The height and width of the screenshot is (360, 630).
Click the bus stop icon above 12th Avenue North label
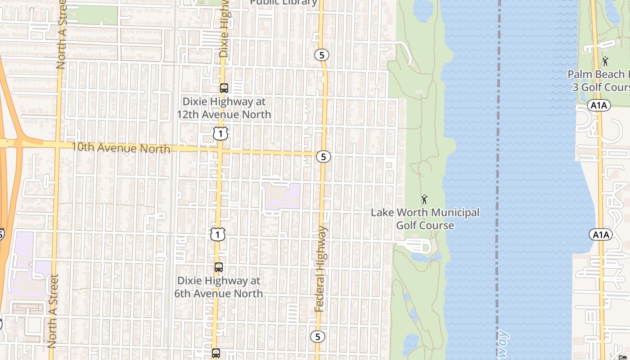(224, 88)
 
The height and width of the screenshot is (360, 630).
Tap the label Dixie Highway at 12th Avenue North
(224, 108)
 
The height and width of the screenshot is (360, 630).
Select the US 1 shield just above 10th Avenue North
(220, 133)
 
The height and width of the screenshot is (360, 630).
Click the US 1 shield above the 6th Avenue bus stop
(218, 234)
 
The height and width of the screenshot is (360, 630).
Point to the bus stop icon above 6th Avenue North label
(219, 267)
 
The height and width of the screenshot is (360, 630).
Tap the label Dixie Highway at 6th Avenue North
(219, 287)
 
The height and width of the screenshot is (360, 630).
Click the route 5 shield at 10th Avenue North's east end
(323, 157)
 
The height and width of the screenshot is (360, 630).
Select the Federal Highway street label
(320, 269)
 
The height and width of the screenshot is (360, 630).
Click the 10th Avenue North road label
(121, 148)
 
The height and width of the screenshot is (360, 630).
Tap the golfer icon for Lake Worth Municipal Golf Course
(424, 199)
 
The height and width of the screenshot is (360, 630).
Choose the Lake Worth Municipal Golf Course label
(425, 219)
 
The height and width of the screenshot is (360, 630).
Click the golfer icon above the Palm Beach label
(605, 61)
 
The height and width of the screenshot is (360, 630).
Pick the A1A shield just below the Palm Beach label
(598, 105)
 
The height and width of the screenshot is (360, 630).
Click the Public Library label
(283, 3)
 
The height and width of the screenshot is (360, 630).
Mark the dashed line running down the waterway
(498, 180)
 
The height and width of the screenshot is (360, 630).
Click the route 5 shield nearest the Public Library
(321, 55)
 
